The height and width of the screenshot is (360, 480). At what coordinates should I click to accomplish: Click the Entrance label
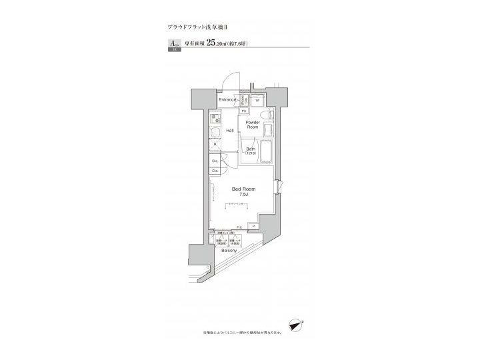click(228, 100)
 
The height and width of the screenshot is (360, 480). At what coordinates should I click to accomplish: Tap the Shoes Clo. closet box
click(245, 100)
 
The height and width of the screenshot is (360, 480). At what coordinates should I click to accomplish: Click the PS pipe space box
click(244, 111)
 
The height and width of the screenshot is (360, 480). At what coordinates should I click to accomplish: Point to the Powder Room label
click(252, 125)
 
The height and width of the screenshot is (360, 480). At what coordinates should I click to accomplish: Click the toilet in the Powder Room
click(268, 117)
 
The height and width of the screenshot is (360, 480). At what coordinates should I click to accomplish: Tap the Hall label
click(229, 131)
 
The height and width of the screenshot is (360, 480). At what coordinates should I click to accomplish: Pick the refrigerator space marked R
click(215, 145)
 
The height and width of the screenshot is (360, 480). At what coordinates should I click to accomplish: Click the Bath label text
click(251, 148)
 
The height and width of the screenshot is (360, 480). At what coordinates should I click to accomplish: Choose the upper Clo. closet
click(215, 161)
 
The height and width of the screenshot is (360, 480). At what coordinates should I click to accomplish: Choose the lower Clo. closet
click(215, 171)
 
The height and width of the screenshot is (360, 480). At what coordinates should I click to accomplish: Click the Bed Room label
click(243, 189)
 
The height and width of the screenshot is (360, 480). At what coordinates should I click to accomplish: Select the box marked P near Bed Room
click(253, 227)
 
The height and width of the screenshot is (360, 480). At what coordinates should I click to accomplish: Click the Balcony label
click(229, 251)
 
